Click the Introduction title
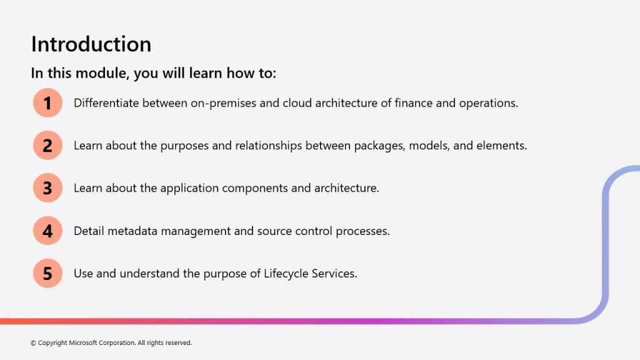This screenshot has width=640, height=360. click(x=91, y=44)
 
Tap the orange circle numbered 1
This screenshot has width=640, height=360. click(x=47, y=103)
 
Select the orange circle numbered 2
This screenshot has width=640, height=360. click(x=47, y=145)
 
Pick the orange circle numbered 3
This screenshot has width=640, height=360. click(x=47, y=188)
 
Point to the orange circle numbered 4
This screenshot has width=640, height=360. click(x=47, y=231)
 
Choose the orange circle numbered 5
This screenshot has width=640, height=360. click(x=47, y=273)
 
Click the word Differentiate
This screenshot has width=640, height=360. click(x=106, y=103)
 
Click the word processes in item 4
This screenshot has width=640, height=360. click(x=362, y=231)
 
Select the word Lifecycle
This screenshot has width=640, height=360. click(x=286, y=274)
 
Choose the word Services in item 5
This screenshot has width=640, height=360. click(x=334, y=274)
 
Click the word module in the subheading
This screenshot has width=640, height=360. click(x=102, y=73)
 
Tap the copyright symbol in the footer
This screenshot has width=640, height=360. click(x=34, y=343)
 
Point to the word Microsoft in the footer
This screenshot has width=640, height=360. click(x=82, y=343)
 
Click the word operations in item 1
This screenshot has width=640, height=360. click(x=489, y=104)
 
